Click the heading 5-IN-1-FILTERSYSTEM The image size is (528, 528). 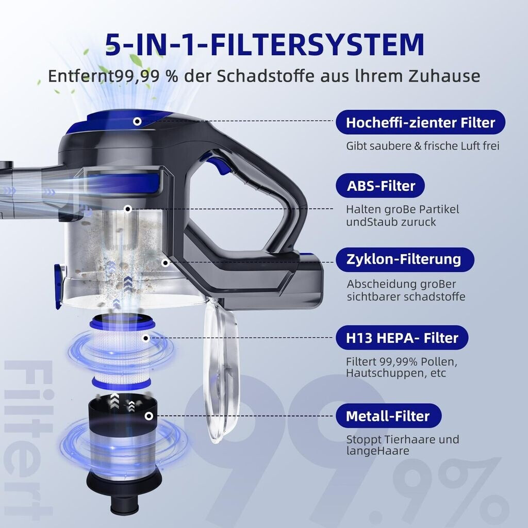265,45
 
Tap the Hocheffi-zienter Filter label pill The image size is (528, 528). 420,122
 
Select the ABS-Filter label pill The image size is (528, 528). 380,186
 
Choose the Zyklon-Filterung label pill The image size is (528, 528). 405,260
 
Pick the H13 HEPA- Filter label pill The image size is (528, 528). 402,338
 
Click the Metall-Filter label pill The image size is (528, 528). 389,416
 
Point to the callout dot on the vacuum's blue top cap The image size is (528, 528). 137,121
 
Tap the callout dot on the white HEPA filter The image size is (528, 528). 146,338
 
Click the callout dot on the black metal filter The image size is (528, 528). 149,416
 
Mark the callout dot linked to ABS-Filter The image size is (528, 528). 128,209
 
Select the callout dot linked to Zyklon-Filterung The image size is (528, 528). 165,262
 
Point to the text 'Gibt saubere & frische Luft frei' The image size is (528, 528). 423,146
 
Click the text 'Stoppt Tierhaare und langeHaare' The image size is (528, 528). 402,445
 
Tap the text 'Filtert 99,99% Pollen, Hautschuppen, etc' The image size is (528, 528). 401,367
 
